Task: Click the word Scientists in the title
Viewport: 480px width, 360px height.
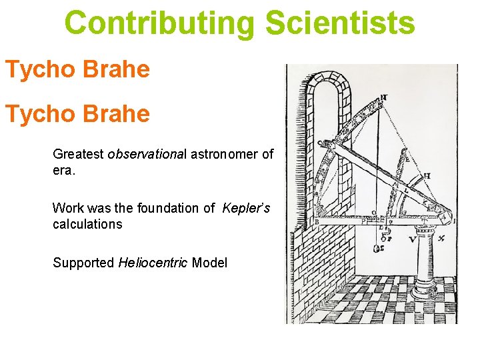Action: (340, 23)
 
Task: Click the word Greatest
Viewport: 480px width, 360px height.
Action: (78, 155)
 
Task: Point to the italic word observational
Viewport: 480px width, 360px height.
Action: (147, 155)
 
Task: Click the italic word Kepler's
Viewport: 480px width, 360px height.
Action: (246, 208)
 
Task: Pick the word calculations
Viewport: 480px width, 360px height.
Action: (87, 224)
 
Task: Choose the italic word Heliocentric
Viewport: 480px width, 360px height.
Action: (153, 263)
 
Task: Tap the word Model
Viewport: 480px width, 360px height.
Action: (209, 263)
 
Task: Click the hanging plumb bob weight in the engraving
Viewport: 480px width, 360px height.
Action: (377, 249)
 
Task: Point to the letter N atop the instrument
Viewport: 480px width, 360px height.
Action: (384, 97)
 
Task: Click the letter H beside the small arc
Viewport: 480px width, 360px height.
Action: (426, 176)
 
